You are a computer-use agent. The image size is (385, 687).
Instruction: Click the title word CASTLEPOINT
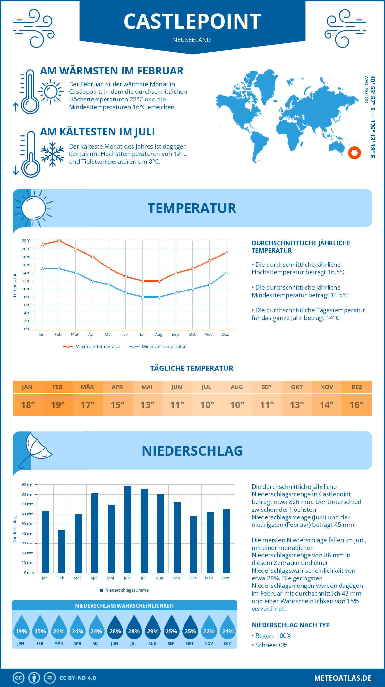(192, 22)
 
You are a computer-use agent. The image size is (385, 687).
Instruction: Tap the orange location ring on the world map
(355, 153)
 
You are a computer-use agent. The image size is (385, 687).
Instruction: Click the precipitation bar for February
(62, 551)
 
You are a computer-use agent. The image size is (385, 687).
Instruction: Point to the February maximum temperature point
(59, 241)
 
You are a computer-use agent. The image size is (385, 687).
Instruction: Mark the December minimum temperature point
(226, 273)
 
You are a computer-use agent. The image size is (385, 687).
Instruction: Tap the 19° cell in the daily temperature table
(58, 405)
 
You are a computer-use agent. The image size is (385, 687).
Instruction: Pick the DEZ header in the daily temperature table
(357, 387)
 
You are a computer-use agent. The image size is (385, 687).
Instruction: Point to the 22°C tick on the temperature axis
(26, 241)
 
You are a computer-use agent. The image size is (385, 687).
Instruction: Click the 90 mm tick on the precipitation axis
(28, 484)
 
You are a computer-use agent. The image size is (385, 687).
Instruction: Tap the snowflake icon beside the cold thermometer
(52, 154)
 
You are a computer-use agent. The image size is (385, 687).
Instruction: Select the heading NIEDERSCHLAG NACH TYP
(291, 625)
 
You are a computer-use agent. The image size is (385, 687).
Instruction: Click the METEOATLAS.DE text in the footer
(343, 678)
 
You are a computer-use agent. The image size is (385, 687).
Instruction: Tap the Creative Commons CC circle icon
(19, 678)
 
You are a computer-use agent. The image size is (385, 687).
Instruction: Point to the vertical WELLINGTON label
(366, 89)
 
